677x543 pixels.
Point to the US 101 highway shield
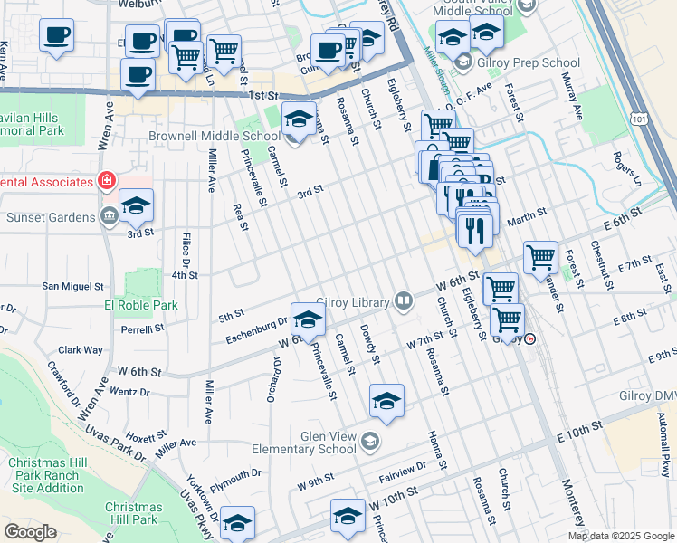pyautogui.click(x=641, y=119)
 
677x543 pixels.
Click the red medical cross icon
pyautogui.click(x=107, y=181)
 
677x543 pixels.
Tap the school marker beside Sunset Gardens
pyautogui.click(x=136, y=206)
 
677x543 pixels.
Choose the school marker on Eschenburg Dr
pyautogui.click(x=308, y=320)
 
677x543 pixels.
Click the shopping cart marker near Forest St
pyautogui.click(x=540, y=256)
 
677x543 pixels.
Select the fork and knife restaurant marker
pyautogui.click(x=473, y=230)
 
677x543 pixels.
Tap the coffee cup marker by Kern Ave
pyautogui.click(x=56, y=36)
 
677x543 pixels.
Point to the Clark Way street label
pyautogui.click(x=81, y=350)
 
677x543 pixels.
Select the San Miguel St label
pyautogui.click(x=74, y=286)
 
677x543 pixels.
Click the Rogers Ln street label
pyautogui.click(x=626, y=168)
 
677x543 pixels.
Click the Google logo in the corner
pyautogui.click(x=30, y=532)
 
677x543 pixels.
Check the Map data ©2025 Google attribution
pyautogui.click(x=621, y=536)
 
